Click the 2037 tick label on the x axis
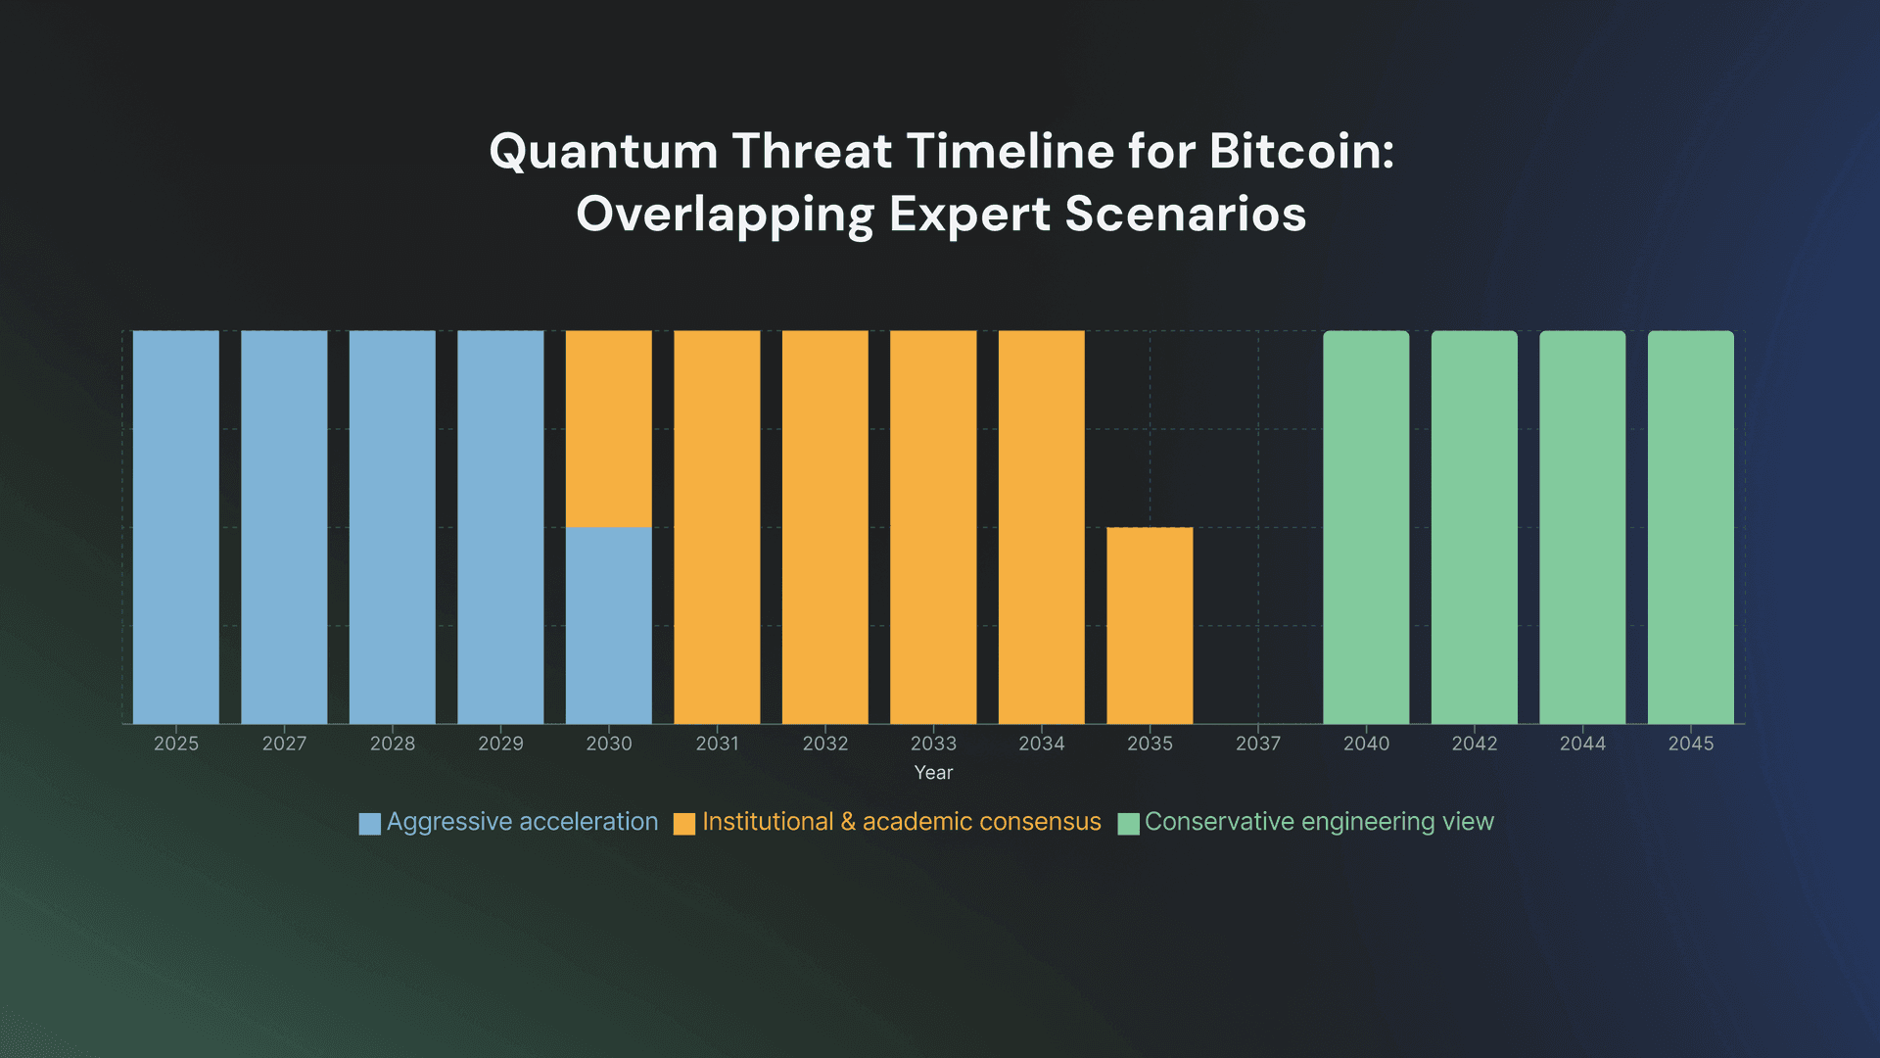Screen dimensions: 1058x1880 click(x=1258, y=744)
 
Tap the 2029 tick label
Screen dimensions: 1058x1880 click(x=500, y=744)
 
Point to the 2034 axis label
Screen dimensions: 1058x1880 click(x=1042, y=744)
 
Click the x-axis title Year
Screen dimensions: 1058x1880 click(x=933, y=773)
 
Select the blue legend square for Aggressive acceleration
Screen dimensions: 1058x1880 click(x=370, y=824)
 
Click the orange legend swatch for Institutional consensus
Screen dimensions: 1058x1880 click(x=684, y=824)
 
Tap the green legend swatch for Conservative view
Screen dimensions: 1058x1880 click(x=1128, y=824)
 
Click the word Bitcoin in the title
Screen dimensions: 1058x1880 click(x=1300, y=152)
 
